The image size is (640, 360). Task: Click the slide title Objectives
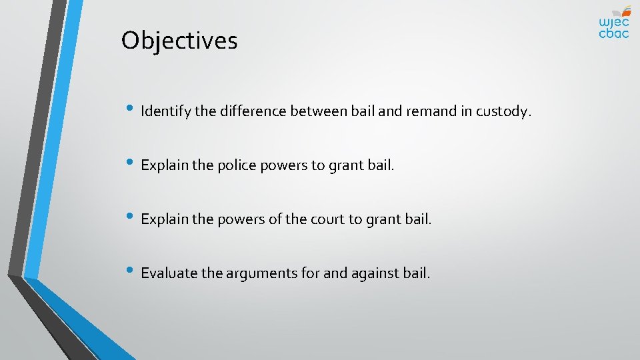(x=179, y=41)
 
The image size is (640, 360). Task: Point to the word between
(x=319, y=111)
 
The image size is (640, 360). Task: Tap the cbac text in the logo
(x=613, y=33)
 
